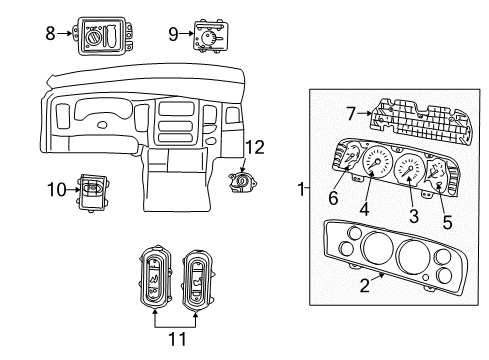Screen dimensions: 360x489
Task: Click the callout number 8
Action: [51, 32]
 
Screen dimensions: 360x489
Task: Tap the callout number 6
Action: [333, 199]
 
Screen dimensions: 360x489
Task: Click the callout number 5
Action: [447, 223]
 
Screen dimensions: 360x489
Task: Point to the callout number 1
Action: [303, 189]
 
